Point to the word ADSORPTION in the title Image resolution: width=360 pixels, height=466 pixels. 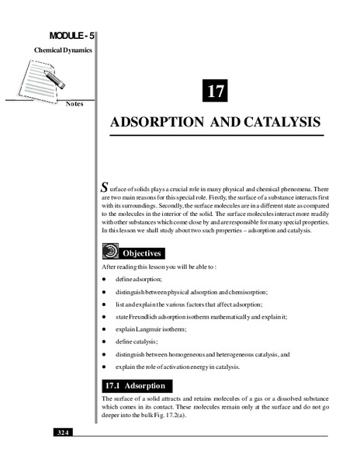pyautogui.click(x=154, y=123)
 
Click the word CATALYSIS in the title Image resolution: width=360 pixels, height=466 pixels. pyautogui.click(x=281, y=123)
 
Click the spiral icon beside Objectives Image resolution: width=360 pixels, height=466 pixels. pyautogui.click(x=110, y=252)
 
